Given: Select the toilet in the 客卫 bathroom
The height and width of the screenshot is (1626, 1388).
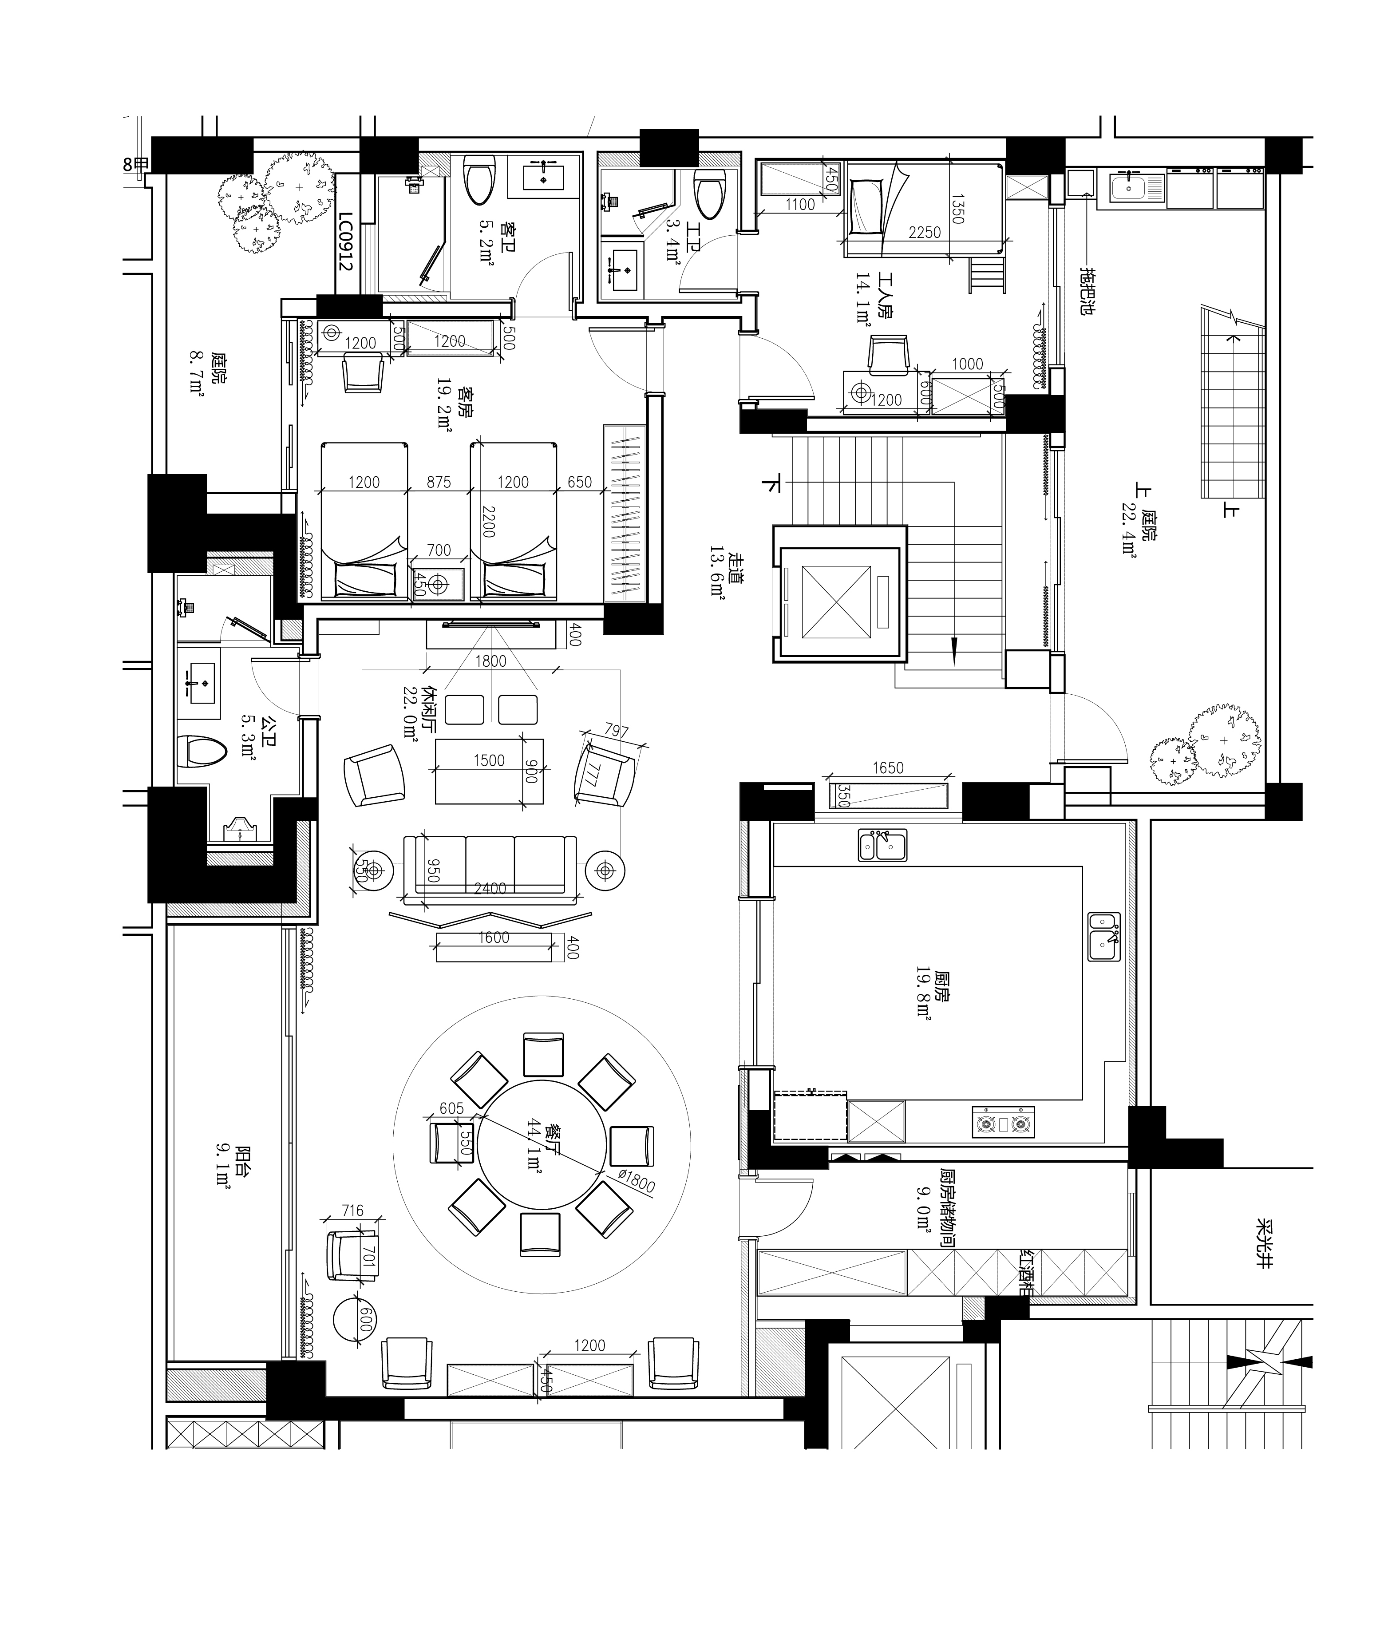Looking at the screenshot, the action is click(x=479, y=180).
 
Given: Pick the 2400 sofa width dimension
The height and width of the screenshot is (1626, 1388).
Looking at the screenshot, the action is click(x=490, y=888).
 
